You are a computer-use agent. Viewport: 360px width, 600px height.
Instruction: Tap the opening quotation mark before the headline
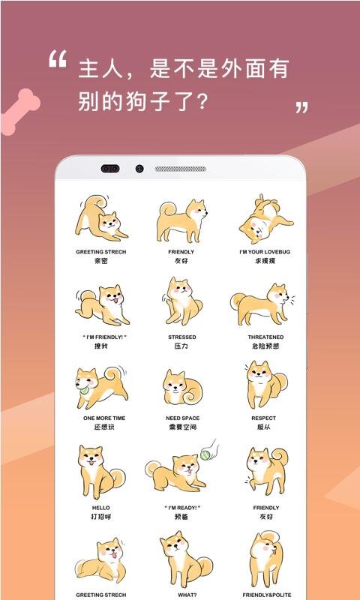tap(58, 59)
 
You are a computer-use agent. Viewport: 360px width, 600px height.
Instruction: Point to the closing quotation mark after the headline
tap(301, 107)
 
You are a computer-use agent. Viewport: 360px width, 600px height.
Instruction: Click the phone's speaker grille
tap(180, 169)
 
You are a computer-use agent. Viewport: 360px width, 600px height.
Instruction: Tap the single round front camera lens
tap(139, 169)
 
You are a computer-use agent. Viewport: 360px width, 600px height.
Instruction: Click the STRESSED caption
tap(181, 337)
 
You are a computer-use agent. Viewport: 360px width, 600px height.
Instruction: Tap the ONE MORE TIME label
tap(100, 418)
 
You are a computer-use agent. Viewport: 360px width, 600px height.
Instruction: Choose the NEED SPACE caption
tap(181, 418)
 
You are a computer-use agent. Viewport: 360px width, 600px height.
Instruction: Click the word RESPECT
tap(263, 418)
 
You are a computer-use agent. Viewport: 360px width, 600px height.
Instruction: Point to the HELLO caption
tap(100, 508)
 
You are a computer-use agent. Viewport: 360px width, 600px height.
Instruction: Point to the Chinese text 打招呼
tap(100, 517)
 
